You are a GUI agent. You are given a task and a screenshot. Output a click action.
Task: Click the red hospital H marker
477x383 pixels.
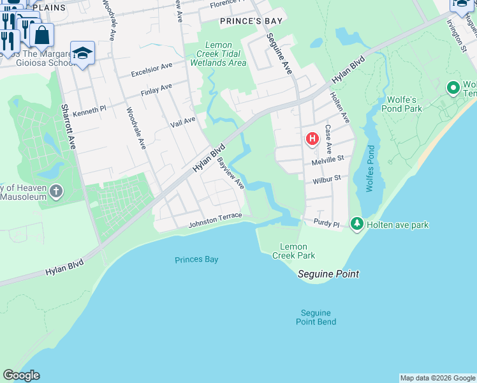pyautogui.click(x=312, y=139)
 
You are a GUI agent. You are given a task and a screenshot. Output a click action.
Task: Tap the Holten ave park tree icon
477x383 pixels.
pyautogui.click(x=357, y=223)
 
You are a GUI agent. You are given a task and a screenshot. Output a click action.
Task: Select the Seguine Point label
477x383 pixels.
pyautogui.click(x=329, y=274)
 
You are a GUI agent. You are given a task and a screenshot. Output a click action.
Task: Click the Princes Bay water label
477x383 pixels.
pyautogui.click(x=196, y=259)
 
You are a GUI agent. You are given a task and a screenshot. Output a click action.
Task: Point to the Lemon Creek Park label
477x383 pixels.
pyautogui.click(x=298, y=251)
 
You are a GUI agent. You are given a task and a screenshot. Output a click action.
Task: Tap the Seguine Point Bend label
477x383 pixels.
pyautogui.click(x=316, y=317)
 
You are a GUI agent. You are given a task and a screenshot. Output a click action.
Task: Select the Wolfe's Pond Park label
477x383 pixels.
pyautogui.click(x=405, y=104)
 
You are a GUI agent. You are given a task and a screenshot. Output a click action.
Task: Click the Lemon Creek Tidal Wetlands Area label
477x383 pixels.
pyautogui.click(x=218, y=54)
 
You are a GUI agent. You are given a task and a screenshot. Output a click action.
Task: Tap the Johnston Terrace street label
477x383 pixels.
pyautogui.click(x=215, y=221)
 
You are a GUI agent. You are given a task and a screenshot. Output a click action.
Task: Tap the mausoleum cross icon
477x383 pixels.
pyautogui.click(x=57, y=191)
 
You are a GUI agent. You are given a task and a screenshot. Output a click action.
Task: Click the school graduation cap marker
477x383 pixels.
pyautogui.click(x=82, y=54)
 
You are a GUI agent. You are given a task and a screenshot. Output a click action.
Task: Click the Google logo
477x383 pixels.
pyautogui.click(x=21, y=375)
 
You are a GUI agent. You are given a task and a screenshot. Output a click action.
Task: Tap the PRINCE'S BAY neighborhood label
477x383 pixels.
pyautogui.click(x=251, y=21)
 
